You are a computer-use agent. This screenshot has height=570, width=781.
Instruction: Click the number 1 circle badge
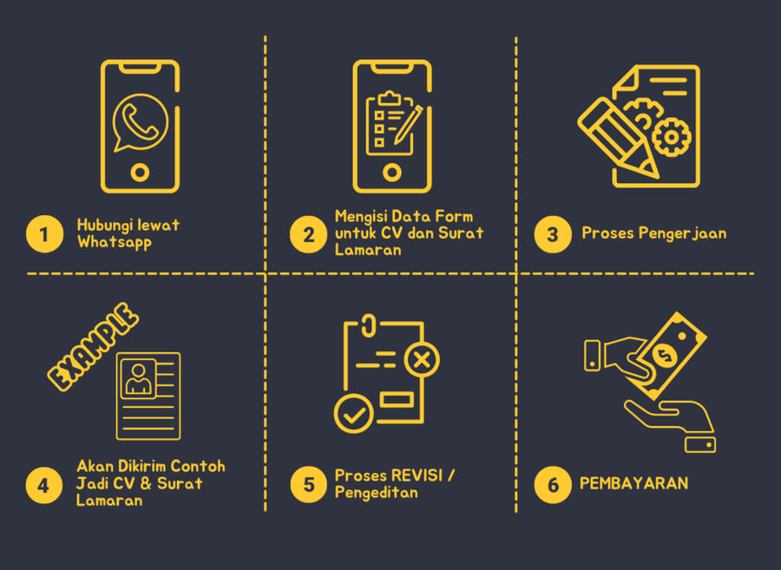click(x=44, y=234)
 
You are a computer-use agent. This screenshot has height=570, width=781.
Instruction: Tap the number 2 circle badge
click(x=308, y=234)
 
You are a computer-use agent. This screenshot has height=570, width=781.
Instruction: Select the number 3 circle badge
click(x=553, y=234)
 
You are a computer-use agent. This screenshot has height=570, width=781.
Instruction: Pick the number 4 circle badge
click(x=44, y=485)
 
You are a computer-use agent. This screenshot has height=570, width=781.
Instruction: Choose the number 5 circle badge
click(x=309, y=484)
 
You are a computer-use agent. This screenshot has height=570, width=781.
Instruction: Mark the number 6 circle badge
click(x=553, y=485)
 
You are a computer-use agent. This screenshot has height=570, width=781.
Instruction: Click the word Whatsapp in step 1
click(x=114, y=242)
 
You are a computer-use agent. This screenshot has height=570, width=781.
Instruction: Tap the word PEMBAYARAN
click(x=633, y=483)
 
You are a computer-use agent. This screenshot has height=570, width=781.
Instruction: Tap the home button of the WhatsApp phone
click(x=140, y=173)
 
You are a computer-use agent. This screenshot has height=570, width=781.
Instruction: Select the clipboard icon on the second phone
click(x=390, y=123)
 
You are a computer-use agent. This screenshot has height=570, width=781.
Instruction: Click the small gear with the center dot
click(x=672, y=137)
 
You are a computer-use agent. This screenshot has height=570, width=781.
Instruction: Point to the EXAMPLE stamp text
click(x=93, y=346)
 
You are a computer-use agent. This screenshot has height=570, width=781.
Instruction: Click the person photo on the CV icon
click(x=139, y=379)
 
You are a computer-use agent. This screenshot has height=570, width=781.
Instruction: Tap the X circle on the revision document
click(x=422, y=359)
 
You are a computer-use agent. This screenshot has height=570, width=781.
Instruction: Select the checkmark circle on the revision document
click(x=354, y=413)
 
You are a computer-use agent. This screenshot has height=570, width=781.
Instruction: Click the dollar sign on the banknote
click(x=664, y=355)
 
